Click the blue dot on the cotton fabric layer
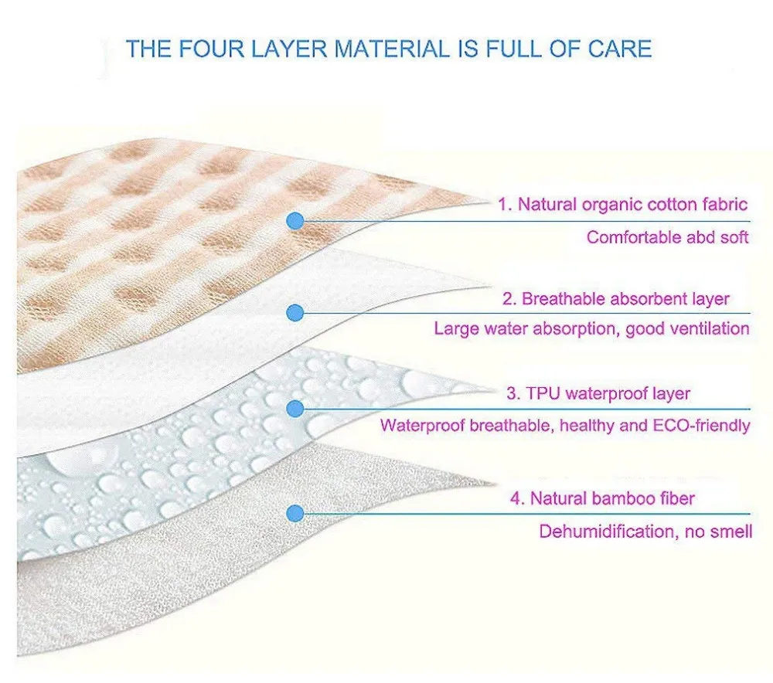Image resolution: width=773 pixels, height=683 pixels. [x=295, y=221]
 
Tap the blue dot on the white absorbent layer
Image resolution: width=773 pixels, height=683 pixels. [x=295, y=313]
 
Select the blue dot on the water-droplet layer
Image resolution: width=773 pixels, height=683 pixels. [x=295, y=408]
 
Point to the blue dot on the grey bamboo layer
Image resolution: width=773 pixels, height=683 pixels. [x=295, y=512]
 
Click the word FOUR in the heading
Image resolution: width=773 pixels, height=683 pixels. [x=204, y=49]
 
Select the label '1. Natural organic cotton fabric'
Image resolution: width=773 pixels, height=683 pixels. [x=622, y=205]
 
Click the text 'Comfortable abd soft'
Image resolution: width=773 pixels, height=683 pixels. [x=667, y=237]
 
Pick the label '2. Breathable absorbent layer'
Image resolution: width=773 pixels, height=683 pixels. [x=625, y=299]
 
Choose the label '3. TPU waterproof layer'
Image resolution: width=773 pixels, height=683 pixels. [x=598, y=393]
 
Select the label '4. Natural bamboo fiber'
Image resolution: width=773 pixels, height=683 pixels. [x=601, y=498]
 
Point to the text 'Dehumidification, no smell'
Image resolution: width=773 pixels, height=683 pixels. [x=645, y=532]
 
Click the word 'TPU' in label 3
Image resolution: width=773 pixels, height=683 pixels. [x=542, y=393]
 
